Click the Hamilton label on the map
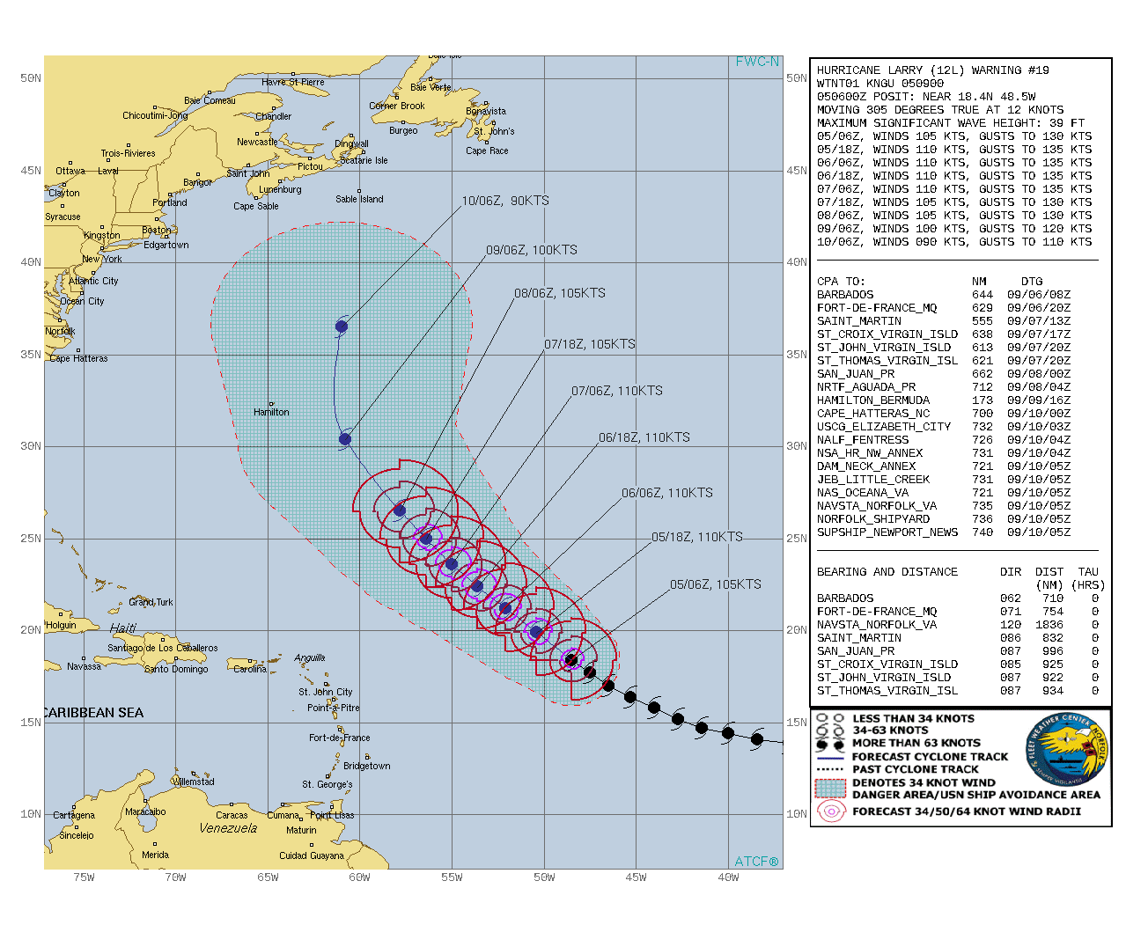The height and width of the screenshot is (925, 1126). (271, 412)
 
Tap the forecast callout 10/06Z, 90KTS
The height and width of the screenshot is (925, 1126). (505, 201)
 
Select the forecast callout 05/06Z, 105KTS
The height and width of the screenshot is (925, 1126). (715, 584)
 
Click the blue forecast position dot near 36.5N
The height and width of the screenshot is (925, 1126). (342, 327)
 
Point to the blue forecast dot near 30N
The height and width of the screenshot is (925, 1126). (345, 439)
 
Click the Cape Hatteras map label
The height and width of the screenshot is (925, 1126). (78, 358)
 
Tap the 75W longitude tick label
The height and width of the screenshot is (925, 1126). (84, 877)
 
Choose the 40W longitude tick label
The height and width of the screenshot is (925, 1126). (728, 877)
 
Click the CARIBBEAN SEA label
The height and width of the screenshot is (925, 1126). (92, 713)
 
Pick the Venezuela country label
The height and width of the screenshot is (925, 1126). (228, 828)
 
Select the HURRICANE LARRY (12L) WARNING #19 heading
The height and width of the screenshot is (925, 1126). (932, 70)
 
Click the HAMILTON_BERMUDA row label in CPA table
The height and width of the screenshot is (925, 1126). (872, 400)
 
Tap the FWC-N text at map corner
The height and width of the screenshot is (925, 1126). (757, 62)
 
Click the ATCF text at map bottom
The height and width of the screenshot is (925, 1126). (756, 861)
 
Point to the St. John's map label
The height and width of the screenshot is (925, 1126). (494, 131)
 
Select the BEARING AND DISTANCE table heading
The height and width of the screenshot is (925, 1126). (887, 572)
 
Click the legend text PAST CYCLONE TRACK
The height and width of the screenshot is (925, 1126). (915, 769)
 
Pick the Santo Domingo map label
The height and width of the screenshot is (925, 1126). (176, 669)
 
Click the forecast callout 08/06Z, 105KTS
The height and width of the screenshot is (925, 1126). (560, 293)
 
